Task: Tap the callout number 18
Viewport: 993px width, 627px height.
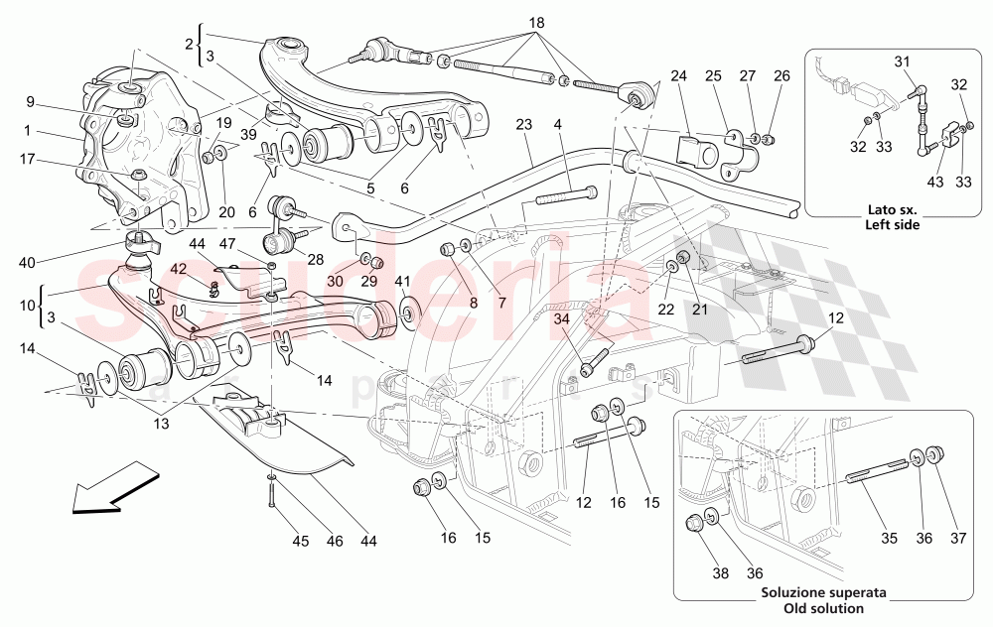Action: (x=536, y=22)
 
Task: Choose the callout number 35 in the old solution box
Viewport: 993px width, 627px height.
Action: (x=888, y=539)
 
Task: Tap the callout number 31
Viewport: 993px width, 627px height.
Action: (x=902, y=62)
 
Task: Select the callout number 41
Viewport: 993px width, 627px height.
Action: (x=402, y=283)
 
